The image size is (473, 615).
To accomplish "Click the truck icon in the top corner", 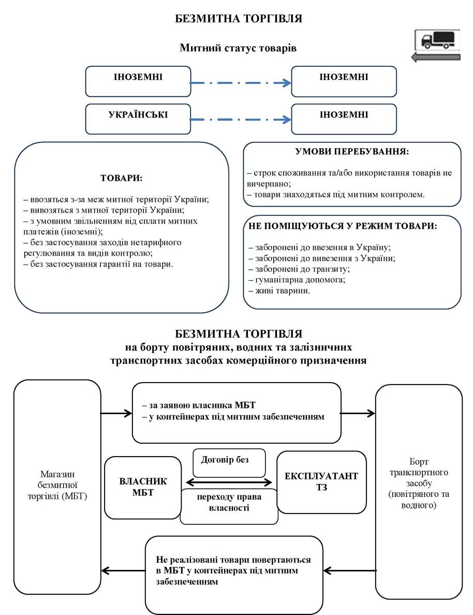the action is point(437,40).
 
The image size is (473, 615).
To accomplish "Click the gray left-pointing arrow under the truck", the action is point(436,57).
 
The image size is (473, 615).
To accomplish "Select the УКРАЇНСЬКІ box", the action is point(138,119).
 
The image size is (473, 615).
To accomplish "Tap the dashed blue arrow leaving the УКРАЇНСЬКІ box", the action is point(241,119).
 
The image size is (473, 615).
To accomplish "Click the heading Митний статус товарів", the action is point(238,48).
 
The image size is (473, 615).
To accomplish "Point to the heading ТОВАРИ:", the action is point(122,178).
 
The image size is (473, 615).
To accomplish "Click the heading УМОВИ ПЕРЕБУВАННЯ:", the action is point(352,151).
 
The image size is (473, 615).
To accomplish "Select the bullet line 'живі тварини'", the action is point(279,290).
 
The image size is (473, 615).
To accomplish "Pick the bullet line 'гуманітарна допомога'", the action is point(297,280).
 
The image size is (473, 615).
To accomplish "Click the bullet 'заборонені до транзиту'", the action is point(299,269).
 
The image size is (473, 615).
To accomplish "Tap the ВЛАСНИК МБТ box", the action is point(143,488).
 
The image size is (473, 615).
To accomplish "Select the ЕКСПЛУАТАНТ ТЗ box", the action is point(321,482).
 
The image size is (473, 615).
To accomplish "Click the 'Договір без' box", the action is point(229,463).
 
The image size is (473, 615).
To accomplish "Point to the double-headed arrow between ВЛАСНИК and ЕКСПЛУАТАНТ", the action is point(229,482).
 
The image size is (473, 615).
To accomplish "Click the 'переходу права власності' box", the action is point(229,506).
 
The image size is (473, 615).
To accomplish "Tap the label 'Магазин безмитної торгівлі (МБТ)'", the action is point(57,485).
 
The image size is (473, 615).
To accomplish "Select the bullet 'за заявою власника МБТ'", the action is point(198,405).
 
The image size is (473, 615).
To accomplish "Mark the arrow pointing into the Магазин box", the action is point(123,570).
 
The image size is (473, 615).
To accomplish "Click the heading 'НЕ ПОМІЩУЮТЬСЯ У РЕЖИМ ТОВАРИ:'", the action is point(343,226).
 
